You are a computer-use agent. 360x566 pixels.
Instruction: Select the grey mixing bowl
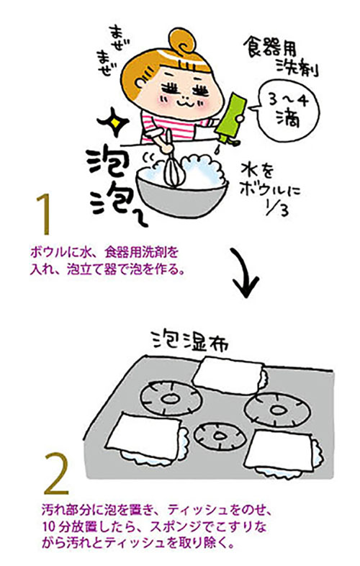click(181, 195)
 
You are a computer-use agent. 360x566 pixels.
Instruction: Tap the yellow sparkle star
click(114, 123)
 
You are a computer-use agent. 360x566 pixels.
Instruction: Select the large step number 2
click(56, 474)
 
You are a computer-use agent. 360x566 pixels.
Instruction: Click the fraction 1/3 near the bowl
click(277, 208)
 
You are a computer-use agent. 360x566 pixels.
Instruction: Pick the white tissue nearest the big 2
click(145, 438)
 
